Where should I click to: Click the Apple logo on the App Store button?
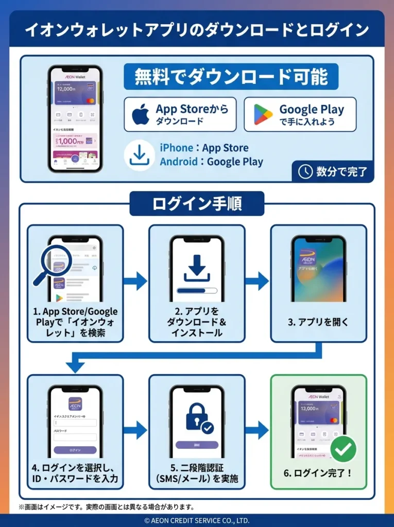pyautogui.click(x=141, y=114)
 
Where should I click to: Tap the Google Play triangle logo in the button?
pyautogui.click(x=263, y=114)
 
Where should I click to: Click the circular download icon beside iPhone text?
pyautogui.click(x=140, y=155)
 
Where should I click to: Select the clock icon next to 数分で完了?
pyautogui.click(x=305, y=171)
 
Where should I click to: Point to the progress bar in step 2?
pyautogui.click(x=197, y=290)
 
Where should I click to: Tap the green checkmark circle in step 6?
pyautogui.click(x=343, y=449)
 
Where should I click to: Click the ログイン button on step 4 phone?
pyautogui.click(x=75, y=450)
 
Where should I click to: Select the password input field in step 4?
pyautogui.click(x=75, y=437)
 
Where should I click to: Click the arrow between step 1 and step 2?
pyautogui.click(x=135, y=281)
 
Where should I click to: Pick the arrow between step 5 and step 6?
pyautogui.click(x=257, y=430)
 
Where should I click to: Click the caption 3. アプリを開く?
pyautogui.click(x=318, y=323)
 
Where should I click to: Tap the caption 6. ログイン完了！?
pyautogui.click(x=318, y=472)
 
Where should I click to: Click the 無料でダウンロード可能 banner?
pyautogui.click(x=231, y=77)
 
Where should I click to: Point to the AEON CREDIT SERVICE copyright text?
pyautogui.click(x=197, y=520)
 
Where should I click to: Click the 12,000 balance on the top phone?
pyautogui.click(x=67, y=89)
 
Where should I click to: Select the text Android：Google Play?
pyautogui.click(x=211, y=162)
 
